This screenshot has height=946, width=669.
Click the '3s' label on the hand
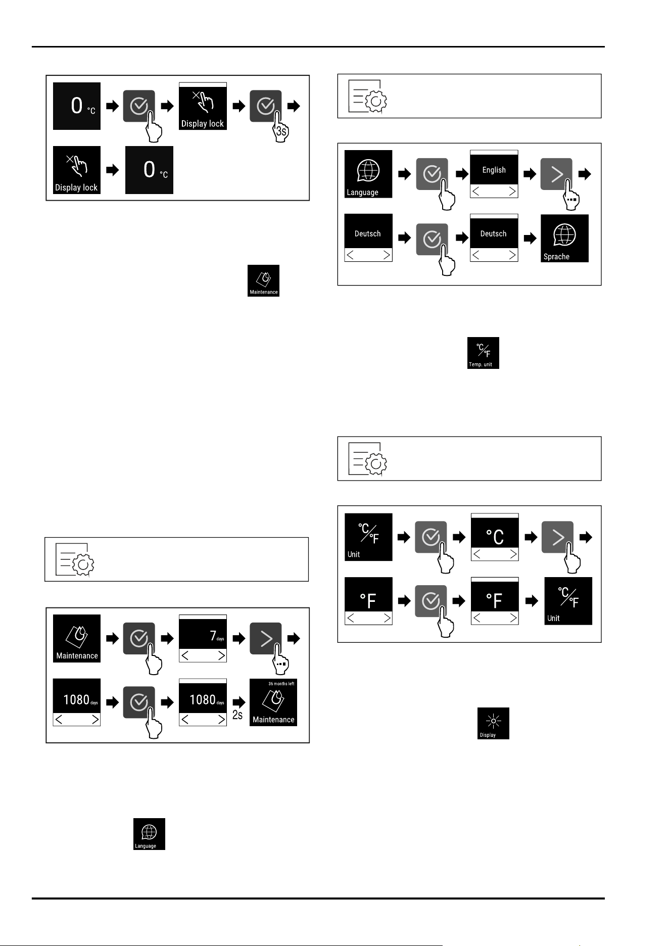coord(281,132)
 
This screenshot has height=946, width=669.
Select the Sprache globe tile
coord(564,238)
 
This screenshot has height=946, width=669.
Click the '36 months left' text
coord(281,684)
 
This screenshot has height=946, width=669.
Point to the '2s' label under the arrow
coord(237,715)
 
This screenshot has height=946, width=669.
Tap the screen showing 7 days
coord(203,638)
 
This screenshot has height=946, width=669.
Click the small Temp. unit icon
coord(483,353)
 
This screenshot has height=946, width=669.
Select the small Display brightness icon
coord(493,723)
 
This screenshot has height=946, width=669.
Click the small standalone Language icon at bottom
coord(149,834)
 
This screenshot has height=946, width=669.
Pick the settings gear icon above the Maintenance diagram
coord(75,559)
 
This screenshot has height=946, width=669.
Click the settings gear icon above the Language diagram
coord(368,96)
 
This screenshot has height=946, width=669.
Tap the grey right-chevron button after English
coord(556,174)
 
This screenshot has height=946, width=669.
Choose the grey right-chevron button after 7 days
coord(265,638)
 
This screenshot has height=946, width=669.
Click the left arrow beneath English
coord(476,191)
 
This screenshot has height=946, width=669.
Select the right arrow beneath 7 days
coord(221,655)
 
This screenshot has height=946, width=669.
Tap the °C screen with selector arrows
coord(495,537)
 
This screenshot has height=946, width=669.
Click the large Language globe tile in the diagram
coord(368,174)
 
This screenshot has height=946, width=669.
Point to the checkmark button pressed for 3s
coord(265,106)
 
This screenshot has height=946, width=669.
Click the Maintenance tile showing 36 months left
coord(273,702)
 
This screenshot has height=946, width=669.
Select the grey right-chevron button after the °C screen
coord(557,537)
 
